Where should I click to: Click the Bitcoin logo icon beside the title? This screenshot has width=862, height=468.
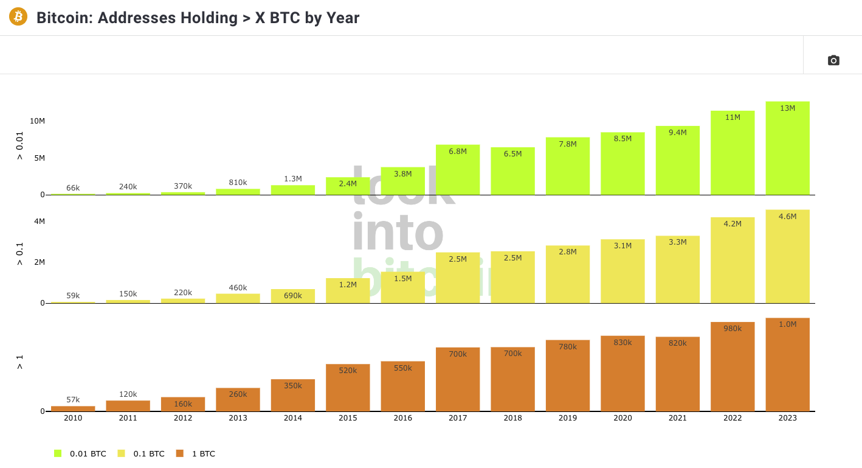pos(18,16)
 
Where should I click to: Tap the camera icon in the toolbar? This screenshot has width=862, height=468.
pos(833,60)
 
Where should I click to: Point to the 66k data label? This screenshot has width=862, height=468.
pos(73,188)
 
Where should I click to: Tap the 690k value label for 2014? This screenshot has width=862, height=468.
pos(293,295)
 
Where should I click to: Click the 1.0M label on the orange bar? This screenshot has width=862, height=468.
pos(787,324)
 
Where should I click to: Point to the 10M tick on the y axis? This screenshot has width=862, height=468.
pos(38,121)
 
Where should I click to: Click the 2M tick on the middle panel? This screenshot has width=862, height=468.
pos(40,262)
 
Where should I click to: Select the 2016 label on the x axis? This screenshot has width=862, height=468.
pos(402,418)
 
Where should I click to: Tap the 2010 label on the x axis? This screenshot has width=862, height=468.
pos(73,418)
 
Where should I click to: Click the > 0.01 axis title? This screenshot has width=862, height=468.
pos(20,146)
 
